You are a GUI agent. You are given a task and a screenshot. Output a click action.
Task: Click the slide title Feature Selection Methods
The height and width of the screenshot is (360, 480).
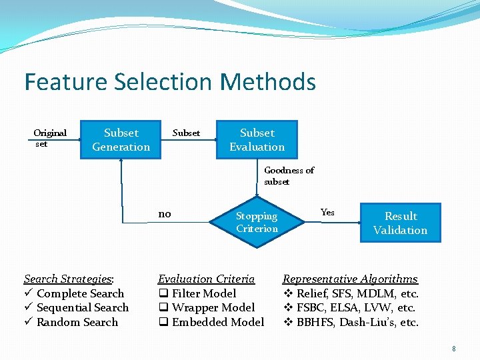click(x=169, y=82)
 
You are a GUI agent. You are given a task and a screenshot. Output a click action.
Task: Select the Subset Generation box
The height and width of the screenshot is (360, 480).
click(x=121, y=140)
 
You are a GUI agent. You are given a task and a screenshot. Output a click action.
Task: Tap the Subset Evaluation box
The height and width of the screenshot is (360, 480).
click(x=257, y=140)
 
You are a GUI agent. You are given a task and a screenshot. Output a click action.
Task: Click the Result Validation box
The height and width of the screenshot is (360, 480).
click(x=400, y=223)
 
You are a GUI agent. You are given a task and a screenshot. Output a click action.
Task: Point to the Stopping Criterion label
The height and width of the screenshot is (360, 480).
click(x=257, y=223)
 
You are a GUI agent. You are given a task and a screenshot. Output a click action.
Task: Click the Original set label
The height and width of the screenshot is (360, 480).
click(x=50, y=138)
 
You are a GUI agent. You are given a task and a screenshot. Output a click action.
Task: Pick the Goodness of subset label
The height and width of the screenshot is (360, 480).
click(x=289, y=176)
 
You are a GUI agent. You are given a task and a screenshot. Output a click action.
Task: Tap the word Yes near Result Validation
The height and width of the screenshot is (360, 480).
click(x=327, y=213)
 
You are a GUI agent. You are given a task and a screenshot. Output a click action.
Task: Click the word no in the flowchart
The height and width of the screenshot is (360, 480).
click(x=165, y=214)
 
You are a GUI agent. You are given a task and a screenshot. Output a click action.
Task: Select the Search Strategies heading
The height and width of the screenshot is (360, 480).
click(x=69, y=279)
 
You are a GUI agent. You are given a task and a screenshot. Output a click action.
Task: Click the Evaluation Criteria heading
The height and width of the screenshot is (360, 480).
click(x=206, y=279)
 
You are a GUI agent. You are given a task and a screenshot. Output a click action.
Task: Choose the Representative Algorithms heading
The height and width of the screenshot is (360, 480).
click(x=350, y=279)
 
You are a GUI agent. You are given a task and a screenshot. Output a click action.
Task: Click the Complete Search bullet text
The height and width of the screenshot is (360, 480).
click(x=80, y=293)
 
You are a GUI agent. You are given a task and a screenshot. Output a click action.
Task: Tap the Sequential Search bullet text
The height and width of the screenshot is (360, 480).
click(x=82, y=307)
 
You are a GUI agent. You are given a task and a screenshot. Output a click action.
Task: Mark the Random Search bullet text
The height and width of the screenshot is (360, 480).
click(x=77, y=322)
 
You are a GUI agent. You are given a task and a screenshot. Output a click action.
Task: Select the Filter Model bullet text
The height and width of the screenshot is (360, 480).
click(x=204, y=293)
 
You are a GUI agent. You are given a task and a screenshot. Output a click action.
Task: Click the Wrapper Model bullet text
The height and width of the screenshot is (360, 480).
click(x=213, y=307)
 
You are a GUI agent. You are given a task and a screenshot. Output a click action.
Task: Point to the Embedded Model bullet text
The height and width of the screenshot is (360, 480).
click(x=217, y=322)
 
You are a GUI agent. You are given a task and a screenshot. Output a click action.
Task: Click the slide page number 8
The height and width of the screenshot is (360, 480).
click(x=453, y=348)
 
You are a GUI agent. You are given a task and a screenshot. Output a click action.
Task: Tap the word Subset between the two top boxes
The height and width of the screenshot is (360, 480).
click(x=186, y=133)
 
